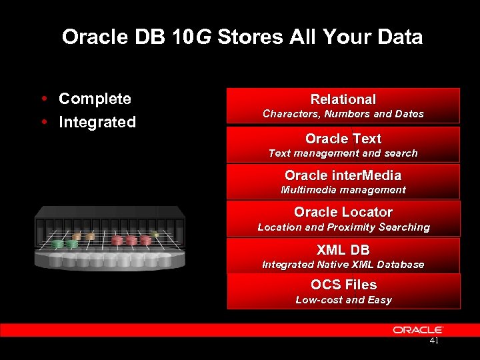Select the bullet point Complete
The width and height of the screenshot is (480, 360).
tap(95, 99)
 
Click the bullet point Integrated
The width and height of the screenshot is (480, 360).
tap(97, 123)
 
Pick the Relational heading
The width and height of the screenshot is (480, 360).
tap(343, 99)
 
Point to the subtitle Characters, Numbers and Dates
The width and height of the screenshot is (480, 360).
tap(343, 114)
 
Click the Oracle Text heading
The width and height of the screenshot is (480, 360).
tap(343, 139)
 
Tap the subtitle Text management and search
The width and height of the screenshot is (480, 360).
tap(343, 153)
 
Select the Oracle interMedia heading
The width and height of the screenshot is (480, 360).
tap(343, 175)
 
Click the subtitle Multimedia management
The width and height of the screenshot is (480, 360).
tap(343, 190)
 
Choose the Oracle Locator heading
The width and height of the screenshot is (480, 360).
tap(343, 212)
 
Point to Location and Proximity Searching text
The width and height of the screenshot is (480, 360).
tap(343, 227)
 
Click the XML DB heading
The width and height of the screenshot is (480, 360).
tap(343, 250)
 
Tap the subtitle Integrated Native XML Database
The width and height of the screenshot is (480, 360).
tap(343, 265)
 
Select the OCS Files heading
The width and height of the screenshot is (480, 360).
tap(343, 285)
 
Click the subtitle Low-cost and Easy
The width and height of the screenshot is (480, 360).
tap(343, 300)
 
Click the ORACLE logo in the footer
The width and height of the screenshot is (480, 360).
tap(418, 330)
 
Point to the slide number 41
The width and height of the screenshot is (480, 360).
tap(434, 341)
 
